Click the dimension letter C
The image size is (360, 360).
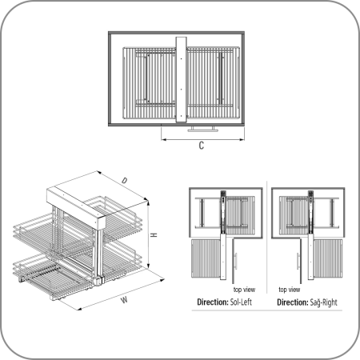(200, 146)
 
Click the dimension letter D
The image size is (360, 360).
(126, 181)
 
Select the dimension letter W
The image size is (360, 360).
(124, 301)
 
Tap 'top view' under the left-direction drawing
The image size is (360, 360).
(243, 289)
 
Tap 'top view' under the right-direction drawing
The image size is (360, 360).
(289, 289)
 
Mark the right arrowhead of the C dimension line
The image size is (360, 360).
(242, 138)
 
